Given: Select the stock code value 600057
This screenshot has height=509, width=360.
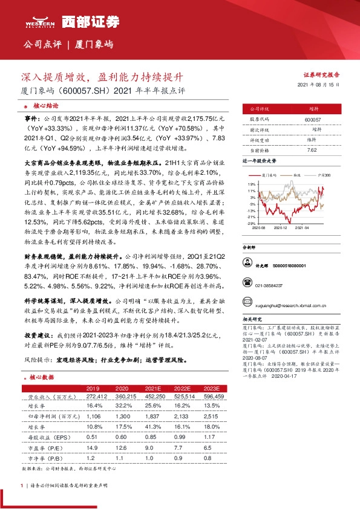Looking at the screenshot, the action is [x=313, y=120].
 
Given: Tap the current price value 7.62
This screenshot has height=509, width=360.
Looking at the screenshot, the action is [x=313, y=149].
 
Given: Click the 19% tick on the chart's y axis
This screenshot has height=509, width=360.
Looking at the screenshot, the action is [x=250, y=183].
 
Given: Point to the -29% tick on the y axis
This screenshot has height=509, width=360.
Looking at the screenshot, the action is [x=250, y=223].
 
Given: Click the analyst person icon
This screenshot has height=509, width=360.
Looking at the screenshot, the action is [x=247, y=265].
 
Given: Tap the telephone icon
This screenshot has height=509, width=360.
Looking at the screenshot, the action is [x=247, y=282].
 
